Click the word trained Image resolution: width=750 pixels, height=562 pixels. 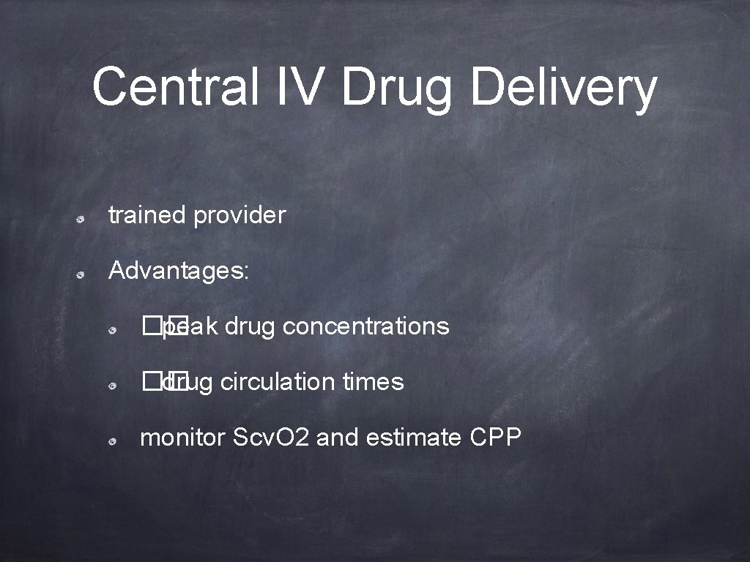147,215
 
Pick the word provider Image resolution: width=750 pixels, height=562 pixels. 240,216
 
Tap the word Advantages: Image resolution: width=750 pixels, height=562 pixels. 179,271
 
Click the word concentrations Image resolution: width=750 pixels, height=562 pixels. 365,326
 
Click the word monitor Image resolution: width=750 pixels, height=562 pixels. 182,438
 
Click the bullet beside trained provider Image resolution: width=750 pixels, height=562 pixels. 85,217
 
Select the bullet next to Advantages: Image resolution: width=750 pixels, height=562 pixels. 85,273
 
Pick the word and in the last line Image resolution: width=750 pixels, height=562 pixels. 338,438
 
